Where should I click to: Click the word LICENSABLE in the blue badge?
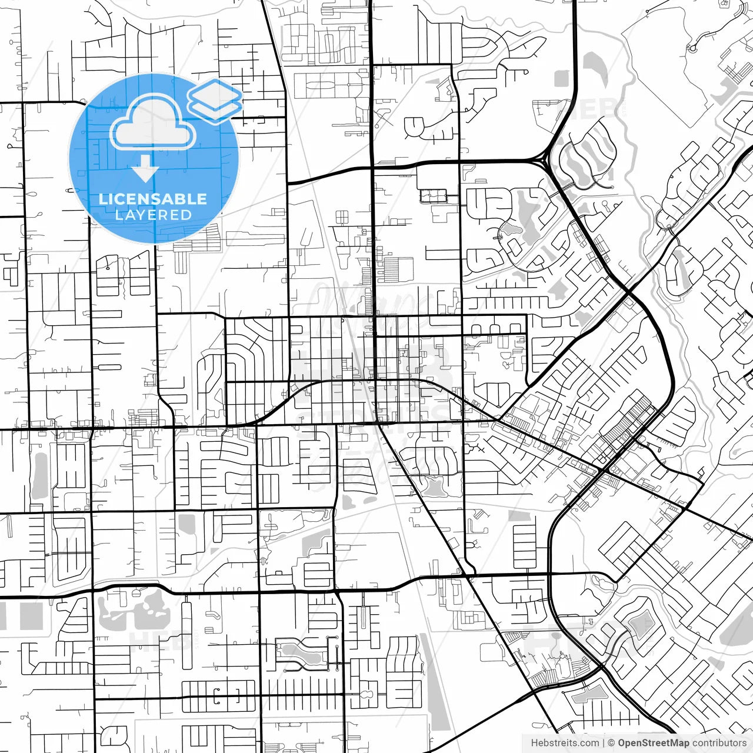click(x=152, y=199)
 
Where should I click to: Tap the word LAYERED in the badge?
click(x=153, y=215)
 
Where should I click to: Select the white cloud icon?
click(x=153, y=124)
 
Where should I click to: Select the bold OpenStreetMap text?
click(x=654, y=743)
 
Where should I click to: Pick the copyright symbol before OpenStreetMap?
click(x=611, y=743)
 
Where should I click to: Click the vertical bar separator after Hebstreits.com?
click(x=604, y=743)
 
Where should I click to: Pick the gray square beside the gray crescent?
click(x=562, y=78)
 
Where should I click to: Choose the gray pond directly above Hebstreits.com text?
click(x=582, y=697)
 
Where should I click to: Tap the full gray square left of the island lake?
click(x=31, y=615)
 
